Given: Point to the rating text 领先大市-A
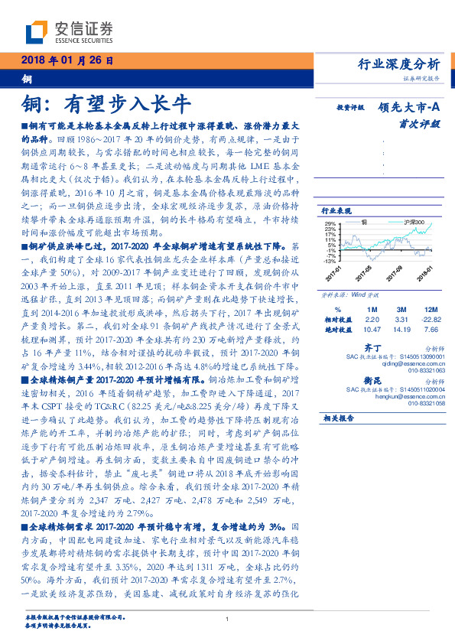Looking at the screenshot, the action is click(x=408, y=109).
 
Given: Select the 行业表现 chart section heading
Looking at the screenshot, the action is click(x=336, y=210).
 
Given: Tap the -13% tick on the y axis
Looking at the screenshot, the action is click(x=330, y=260).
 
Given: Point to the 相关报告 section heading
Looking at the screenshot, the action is click(x=337, y=418).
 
